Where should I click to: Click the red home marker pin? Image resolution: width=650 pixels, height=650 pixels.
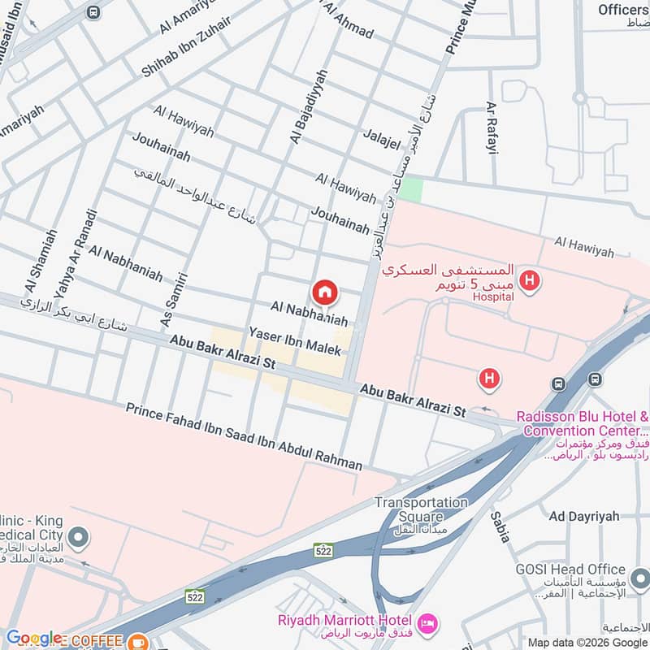point(324,292)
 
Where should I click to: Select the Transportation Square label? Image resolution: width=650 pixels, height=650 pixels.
point(421,509)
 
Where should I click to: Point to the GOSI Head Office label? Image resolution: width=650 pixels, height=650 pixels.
point(570,570)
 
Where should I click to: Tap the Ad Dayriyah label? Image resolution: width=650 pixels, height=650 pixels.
point(583,516)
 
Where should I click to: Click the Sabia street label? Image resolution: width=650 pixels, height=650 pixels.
point(498,528)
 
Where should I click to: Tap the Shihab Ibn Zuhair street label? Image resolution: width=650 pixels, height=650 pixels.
point(186,46)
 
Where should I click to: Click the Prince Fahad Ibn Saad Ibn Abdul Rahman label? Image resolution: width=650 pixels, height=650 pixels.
point(244,436)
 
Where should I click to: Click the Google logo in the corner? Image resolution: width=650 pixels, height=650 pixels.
point(33,638)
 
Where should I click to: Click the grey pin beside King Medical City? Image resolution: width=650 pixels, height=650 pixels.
point(79,537)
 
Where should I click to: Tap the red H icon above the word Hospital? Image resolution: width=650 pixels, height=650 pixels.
point(530,281)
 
